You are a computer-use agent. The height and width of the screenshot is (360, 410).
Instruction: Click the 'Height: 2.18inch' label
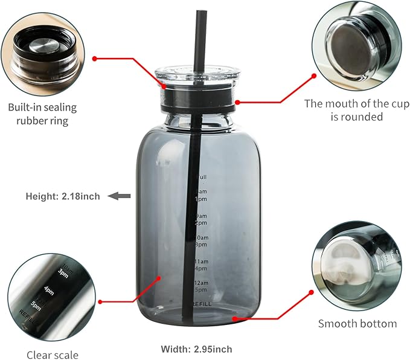[63, 196]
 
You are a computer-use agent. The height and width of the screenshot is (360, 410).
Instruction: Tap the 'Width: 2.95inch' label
[196, 349]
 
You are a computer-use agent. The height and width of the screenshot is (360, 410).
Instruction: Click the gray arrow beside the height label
[123, 196]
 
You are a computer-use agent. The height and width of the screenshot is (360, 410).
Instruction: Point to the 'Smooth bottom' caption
[357, 324]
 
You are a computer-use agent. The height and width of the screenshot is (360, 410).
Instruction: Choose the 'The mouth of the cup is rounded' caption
[356, 109]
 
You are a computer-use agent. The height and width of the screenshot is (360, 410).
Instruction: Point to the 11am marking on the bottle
[200, 262]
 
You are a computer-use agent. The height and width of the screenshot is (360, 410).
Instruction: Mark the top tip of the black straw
[200, 12]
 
